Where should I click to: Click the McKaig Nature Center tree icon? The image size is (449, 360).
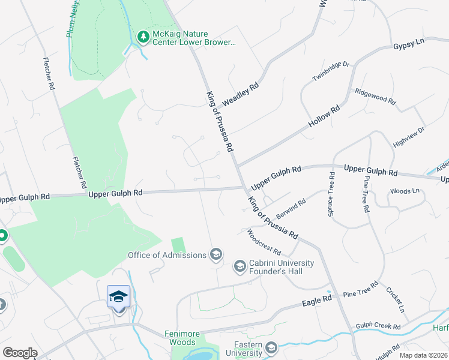[x=143, y=38]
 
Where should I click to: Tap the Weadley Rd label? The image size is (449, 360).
[x=240, y=95]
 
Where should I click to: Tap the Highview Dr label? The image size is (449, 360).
[x=409, y=137]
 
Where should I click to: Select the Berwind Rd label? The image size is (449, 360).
[x=291, y=209]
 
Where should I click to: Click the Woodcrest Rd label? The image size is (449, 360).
[x=264, y=241]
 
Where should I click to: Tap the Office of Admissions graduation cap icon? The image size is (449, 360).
[x=215, y=255]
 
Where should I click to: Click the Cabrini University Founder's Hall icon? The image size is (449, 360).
[x=240, y=266]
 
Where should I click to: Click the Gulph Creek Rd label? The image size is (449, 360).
[x=378, y=326]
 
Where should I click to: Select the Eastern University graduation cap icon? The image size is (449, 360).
[x=271, y=347]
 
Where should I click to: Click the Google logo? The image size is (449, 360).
[x=20, y=353]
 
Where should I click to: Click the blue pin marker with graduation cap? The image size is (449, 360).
[x=118, y=297]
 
